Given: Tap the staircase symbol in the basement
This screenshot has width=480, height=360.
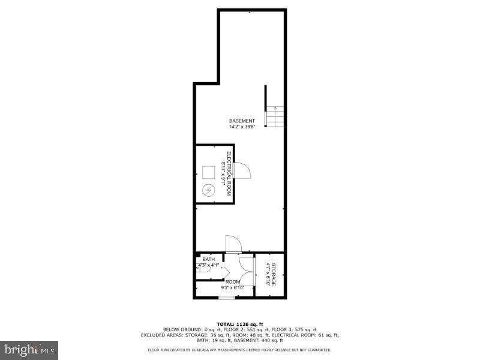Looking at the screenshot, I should coord(275,116).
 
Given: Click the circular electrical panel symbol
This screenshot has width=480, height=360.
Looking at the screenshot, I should coord(209,191).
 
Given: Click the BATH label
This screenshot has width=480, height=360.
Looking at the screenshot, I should coord(208,259).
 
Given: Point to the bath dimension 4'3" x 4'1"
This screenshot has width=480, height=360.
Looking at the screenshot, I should coord(208,265).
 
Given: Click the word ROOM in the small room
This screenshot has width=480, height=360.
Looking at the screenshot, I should coord(233,282).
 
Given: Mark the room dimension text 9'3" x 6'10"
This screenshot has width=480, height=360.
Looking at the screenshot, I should coord(233,288).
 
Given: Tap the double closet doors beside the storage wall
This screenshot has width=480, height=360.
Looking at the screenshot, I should coord(246,274).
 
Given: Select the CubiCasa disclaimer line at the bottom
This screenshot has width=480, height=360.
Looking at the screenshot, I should coord(239,350).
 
